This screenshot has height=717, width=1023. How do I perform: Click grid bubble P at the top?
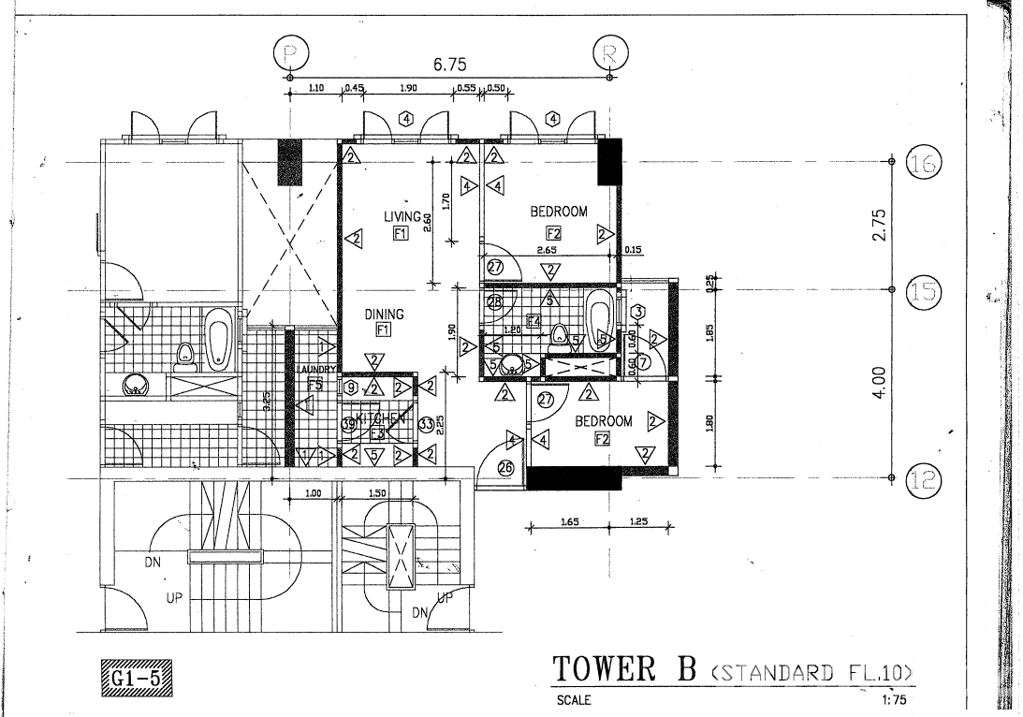coord(289,54)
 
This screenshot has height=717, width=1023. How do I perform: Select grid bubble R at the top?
coord(610,54)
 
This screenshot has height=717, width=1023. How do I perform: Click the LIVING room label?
coord(402,216)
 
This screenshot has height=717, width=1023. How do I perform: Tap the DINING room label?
coord(384,315)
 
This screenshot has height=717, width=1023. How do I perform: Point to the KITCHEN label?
coord(379,418)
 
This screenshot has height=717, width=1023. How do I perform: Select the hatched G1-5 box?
coord(136,675)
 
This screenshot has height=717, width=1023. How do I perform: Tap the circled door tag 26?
coord(507,469)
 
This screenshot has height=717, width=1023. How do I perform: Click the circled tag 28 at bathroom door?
coord(495,301)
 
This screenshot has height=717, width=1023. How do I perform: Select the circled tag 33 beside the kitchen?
coord(426,424)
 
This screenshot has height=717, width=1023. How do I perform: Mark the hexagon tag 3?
coord(636,311)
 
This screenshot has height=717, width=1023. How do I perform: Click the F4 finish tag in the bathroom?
coord(533,321)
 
